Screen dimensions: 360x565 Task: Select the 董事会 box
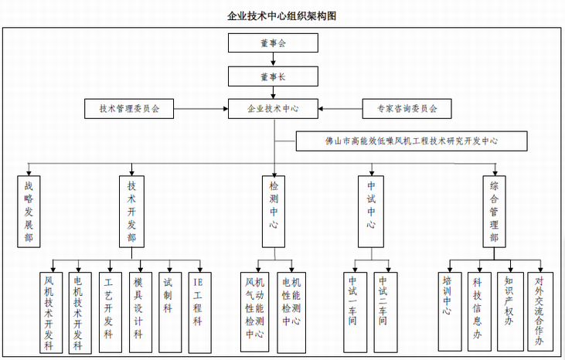[274, 44]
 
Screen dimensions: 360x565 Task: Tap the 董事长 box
[274, 76]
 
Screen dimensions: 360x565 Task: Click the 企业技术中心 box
[274, 109]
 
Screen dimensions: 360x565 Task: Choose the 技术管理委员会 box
[129, 109]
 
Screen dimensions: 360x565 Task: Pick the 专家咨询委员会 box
[407, 109]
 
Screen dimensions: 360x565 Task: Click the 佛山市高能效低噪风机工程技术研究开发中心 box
[412, 141]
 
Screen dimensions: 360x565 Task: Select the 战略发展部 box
[29, 211]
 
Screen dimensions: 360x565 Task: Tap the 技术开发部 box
[131, 211]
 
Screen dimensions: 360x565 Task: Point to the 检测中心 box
[274, 211]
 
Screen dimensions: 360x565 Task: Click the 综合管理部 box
[494, 211]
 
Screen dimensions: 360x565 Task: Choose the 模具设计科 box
[138, 311]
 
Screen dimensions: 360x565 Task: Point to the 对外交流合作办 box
[539, 311]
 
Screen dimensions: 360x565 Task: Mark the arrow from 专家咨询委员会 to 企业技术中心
[341, 109]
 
